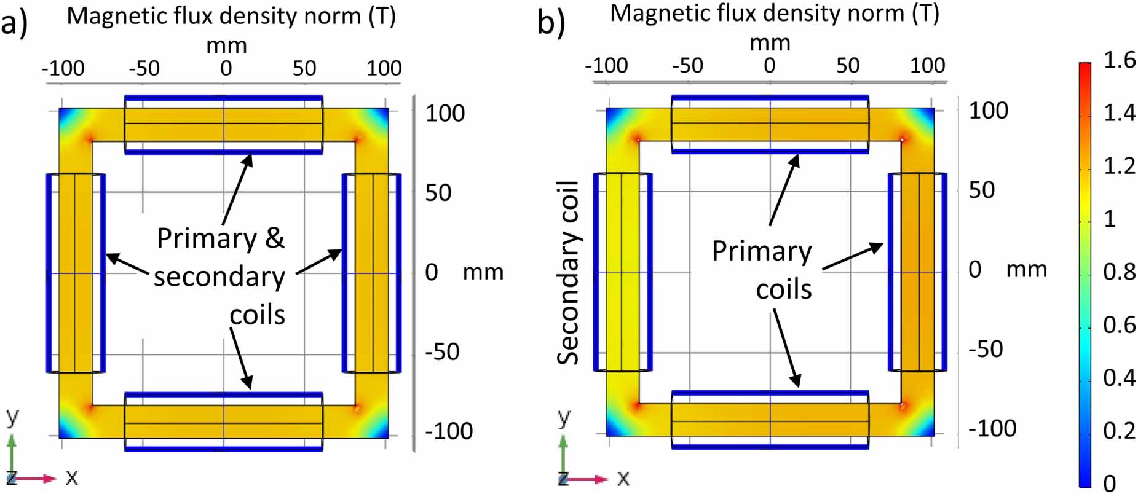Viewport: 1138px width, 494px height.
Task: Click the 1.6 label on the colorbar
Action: click(1119, 60)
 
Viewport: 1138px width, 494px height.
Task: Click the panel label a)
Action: click(14, 24)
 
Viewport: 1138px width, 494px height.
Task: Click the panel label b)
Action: click(551, 23)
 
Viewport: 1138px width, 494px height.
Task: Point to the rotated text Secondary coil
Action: click(569, 273)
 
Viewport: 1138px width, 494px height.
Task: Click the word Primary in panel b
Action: click(762, 251)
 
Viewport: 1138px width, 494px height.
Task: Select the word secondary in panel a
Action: click(219, 277)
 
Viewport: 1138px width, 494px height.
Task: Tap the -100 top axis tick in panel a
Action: click(63, 68)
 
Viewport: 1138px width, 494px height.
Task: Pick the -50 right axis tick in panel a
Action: click(442, 352)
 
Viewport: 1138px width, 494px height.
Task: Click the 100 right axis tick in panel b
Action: click(988, 111)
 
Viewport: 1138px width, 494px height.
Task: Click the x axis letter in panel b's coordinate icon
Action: click(623, 478)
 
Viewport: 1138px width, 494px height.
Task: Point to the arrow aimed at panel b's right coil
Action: click(852, 256)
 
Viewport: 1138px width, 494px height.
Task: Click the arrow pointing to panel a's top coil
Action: click(237, 189)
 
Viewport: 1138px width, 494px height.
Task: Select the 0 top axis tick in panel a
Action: click(226, 68)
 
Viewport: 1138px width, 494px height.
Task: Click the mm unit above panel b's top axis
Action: click(769, 43)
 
